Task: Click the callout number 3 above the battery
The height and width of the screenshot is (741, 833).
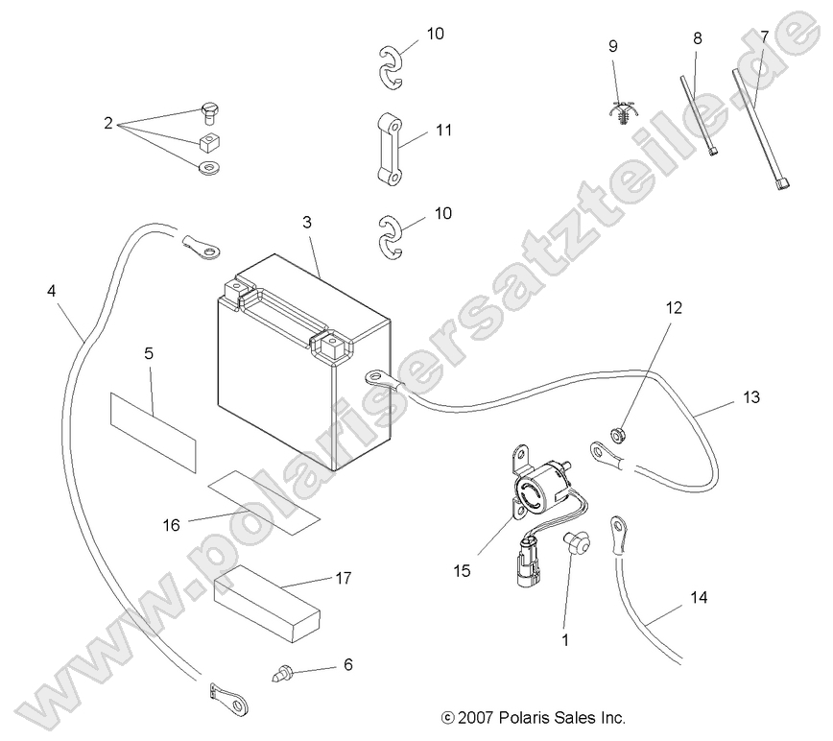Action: pos(307,223)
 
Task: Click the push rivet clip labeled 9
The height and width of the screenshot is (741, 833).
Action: pos(624,108)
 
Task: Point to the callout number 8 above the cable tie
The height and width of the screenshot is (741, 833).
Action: pos(698,38)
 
